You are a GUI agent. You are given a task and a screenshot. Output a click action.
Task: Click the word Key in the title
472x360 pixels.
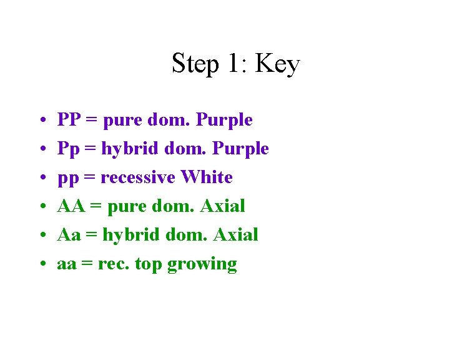[x=278, y=64]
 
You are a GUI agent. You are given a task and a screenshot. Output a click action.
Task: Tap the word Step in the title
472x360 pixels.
[x=195, y=64]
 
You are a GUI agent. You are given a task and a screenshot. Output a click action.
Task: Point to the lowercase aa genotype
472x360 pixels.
[x=67, y=264]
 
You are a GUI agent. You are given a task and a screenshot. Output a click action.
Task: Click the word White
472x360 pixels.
[x=206, y=177]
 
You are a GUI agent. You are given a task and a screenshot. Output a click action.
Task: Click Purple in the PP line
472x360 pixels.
[x=224, y=119]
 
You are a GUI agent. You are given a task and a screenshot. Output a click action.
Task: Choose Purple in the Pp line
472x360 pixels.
[x=240, y=149]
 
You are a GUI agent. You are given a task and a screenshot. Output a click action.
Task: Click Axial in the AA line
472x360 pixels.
[x=223, y=206]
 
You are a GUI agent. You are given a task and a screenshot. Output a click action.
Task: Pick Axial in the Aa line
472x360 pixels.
[x=235, y=234]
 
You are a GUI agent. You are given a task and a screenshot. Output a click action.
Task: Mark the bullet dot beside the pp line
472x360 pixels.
[x=39, y=178]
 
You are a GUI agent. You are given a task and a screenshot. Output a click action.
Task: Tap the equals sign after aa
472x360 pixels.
[x=87, y=264]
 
